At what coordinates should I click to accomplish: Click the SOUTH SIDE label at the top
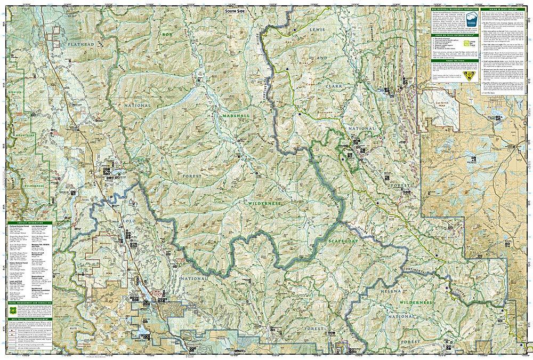tap(236, 11)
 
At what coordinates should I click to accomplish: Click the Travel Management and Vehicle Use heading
tap(32, 287)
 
